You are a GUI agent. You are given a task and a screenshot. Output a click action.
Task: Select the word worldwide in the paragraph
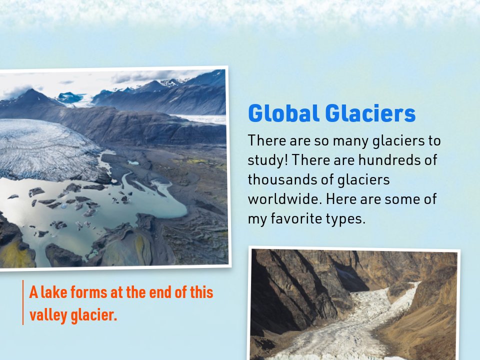point(283,199)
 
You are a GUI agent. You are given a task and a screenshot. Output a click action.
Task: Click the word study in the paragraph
point(266,160)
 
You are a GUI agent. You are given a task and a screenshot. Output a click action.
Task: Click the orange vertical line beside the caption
point(23,303)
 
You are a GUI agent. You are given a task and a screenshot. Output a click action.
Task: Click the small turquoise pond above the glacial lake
point(133,162)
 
